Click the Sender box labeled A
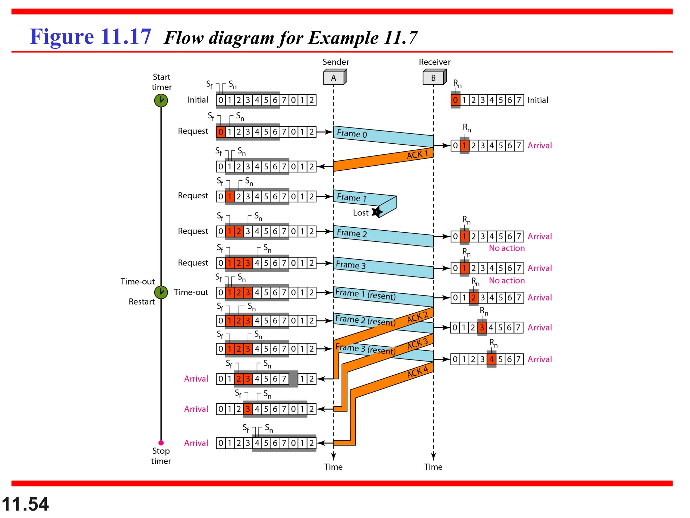coord(334,78)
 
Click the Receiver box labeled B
coord(434,78)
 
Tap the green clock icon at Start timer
coord(161,100)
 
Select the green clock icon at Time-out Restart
coord(161,292)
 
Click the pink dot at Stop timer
coord(161,442)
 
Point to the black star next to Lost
coord(377,212)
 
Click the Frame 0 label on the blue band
coord(352,134)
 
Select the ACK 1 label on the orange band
coord(417,154)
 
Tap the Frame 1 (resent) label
coord(365,294)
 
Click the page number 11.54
coord(25,504)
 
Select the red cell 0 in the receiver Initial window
coord(455,100)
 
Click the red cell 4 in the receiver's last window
coord(491,359)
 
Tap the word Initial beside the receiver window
coord(538,100)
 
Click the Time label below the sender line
coord(333,467)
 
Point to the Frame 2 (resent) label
coord(365,320)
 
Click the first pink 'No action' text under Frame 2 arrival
coord(507,248)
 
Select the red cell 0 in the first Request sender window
coord(221,132)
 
